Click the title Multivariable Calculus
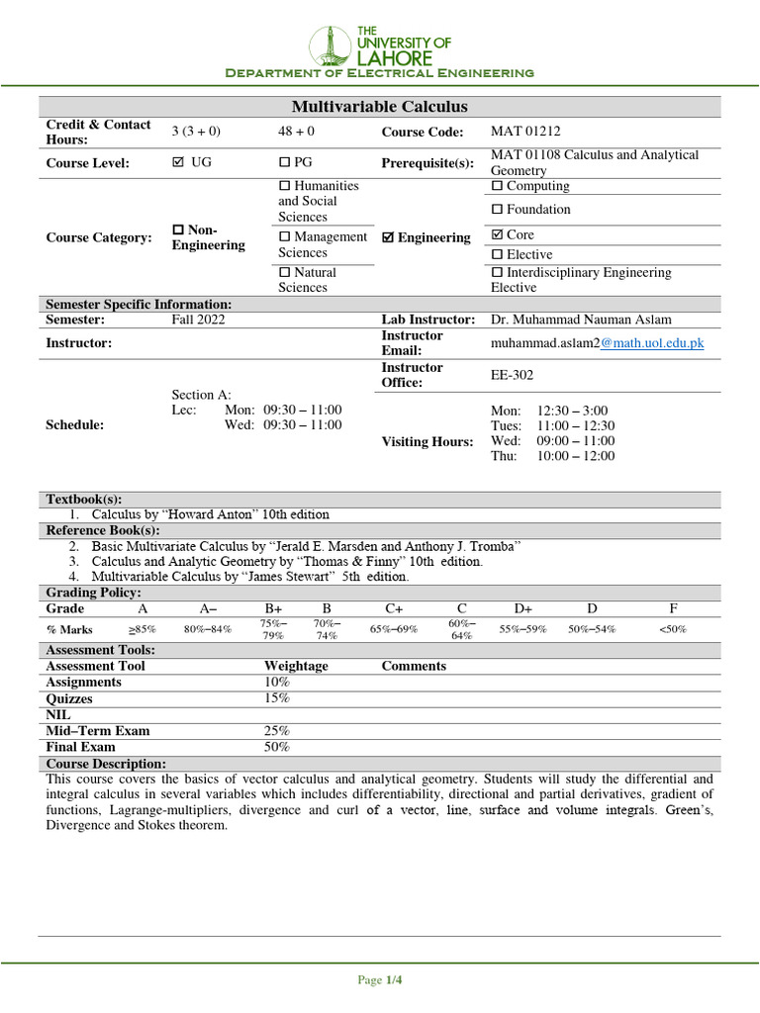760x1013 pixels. (x=379, y=107)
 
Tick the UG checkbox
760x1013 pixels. (x=178, y=162)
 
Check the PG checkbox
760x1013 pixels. (x=284, y=162)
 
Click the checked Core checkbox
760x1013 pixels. (x=498, y=235)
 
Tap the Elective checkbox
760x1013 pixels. (x=498, y=255)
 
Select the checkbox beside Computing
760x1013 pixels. (x=498, y=186)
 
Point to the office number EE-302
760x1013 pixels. (x=513, y=375)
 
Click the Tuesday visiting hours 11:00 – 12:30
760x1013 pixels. (x=576, y=426)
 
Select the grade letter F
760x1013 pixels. (x=674, y=608)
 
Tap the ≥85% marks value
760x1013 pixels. (x=142, y=629)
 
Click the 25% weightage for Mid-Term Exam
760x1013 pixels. (x=277, y=731)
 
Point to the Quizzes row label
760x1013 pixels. (x=69, y=698)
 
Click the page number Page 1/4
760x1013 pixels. (x=380, y=980)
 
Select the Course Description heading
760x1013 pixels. (x=106, y=764)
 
